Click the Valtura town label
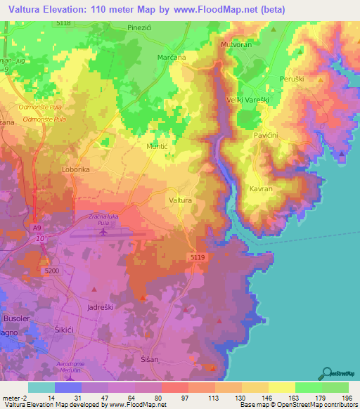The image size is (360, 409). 181,200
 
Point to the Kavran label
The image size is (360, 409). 261,189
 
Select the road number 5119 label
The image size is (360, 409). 198,258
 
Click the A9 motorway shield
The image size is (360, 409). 36,228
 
